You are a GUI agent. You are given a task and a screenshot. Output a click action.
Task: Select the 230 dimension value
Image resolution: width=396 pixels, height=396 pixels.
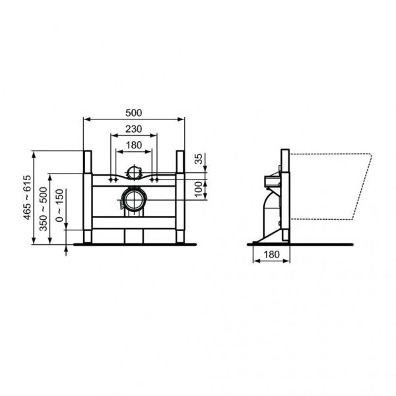point(134,128)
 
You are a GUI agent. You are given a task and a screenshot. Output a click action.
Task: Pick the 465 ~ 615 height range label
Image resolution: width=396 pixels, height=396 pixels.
point(26,197)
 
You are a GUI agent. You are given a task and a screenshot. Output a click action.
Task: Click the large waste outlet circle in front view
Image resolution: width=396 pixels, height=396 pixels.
point(134,199)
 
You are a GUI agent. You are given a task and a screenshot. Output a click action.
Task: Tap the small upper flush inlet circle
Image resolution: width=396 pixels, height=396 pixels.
point(134,173)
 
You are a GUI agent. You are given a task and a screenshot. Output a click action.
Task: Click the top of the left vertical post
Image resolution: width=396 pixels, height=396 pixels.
point(86,153)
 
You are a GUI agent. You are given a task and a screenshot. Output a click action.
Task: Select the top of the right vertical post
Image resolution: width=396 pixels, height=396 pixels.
point(179,153)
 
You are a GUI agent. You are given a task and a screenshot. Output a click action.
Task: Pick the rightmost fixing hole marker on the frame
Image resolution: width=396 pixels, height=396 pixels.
point(156,178)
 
